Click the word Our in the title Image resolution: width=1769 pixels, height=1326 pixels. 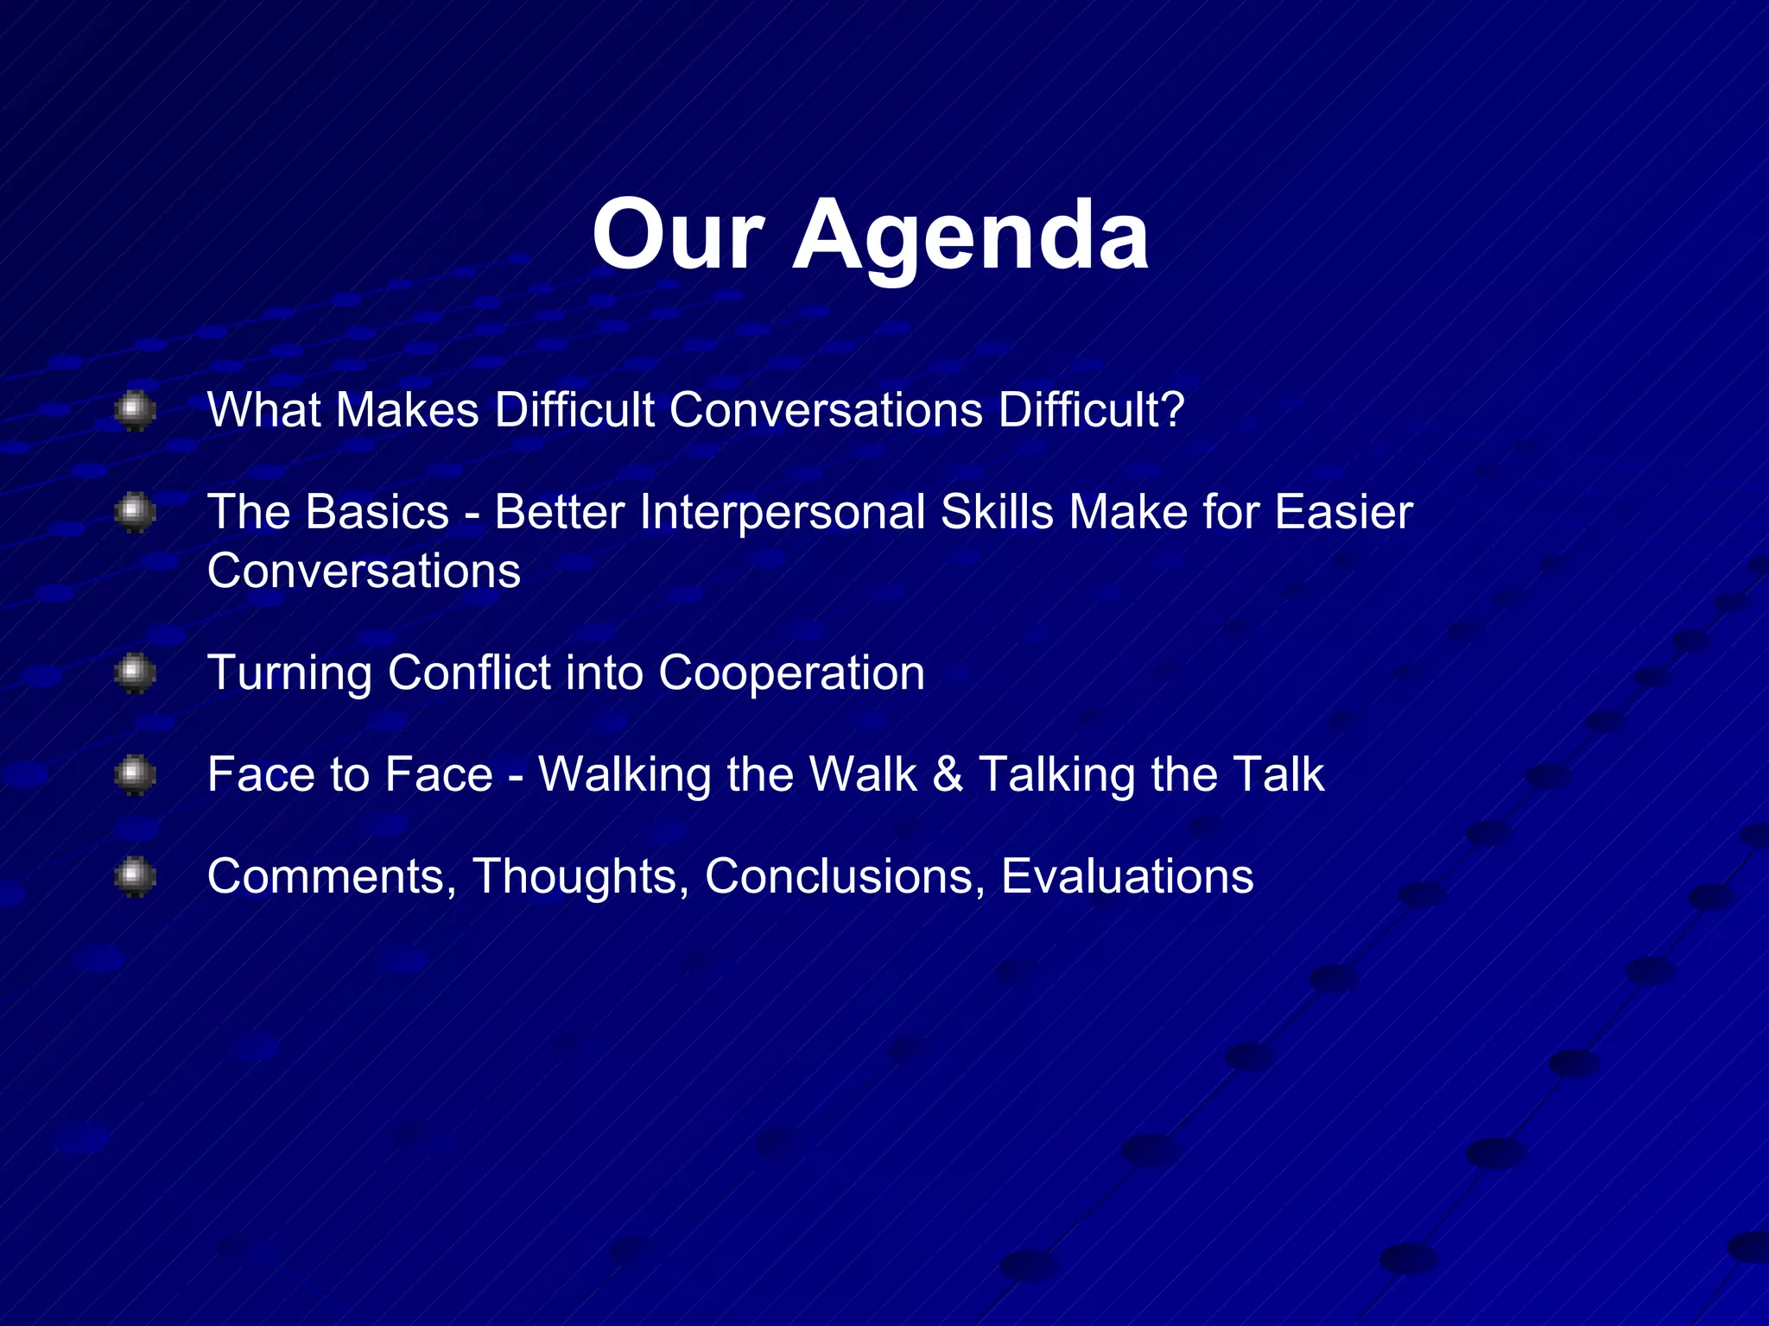click(x=678, y=236)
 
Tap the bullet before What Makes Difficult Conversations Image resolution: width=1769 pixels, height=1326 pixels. click(x=135, y=410)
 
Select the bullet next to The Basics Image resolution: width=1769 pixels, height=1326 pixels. click(x=135, y=512)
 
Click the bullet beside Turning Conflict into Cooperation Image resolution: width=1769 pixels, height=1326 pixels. click(x=135, y=673)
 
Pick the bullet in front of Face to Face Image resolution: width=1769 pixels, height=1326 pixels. click(x=135, y=774)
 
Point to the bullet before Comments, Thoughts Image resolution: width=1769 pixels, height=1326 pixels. click(x=135, y=876)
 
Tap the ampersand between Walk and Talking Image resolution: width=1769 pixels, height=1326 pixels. click(x=948, y=774)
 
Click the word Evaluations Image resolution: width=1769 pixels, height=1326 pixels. click(x=1126, y=876)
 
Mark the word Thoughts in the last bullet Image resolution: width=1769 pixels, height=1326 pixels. click(x=580, y=876)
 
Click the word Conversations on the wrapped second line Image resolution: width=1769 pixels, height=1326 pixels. click(x=364, y=571)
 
